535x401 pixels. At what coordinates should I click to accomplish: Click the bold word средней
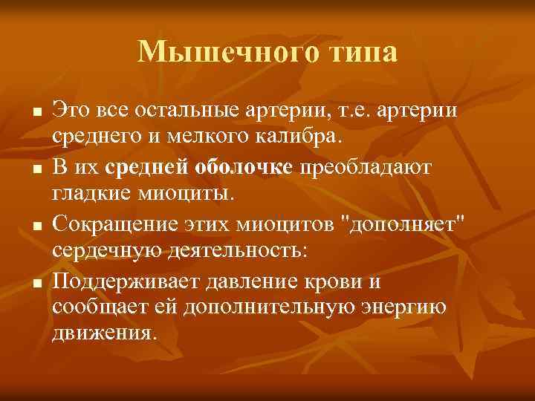coord(147,167)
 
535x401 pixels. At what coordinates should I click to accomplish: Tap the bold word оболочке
coord(244,167)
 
